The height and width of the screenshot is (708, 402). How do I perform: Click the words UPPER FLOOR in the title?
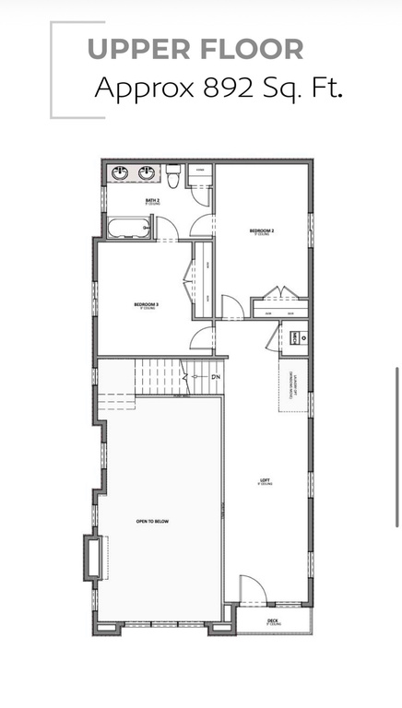click(195, 50)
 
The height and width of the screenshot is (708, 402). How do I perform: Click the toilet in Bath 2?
click(173, 175)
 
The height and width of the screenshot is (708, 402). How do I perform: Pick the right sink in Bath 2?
click(147, 172)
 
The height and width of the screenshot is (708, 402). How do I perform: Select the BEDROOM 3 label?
click(147, 304)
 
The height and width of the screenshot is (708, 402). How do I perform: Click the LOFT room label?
click(265, 480)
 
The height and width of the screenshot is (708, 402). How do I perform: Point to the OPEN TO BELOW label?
click(152, 522)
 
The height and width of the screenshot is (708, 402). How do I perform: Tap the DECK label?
click(273, 620)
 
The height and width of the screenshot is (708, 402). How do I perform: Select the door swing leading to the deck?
click(252, 590)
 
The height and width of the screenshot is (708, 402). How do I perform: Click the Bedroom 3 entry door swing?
click(202, 338)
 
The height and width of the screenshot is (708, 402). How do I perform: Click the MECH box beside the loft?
click(295, 338)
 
